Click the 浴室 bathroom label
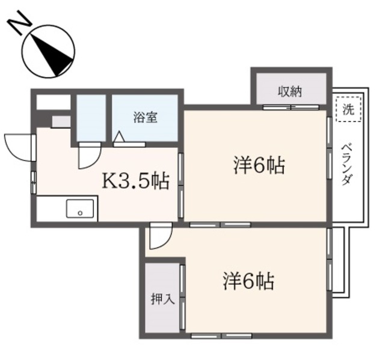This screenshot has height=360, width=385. click(145, 117)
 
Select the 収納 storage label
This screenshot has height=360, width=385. click(291, 91)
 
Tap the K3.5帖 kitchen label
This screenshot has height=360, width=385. click(134, 180)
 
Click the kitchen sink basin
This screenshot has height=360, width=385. click(79, 210)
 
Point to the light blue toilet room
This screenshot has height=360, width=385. click(91, 117)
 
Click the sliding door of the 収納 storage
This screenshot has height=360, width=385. click(291, 108)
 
